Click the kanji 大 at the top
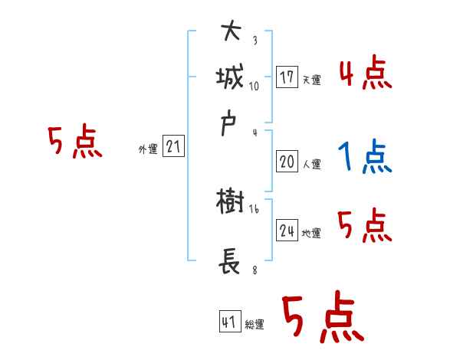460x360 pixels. coord(232,31)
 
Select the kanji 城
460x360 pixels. coord(232,77)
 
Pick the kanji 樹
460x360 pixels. coord(231,202)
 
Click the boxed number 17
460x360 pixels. coord(287,77)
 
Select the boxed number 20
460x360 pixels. coord(287,162)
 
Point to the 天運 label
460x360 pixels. coord(311,80)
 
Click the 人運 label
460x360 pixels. coord(311,164)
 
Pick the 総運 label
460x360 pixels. coord(255,325)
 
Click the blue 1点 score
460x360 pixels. coord(364,157)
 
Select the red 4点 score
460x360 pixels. coord(365,74)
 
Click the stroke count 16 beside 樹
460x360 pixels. coord(255,208)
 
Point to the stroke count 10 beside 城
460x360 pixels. coord(255,86)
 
